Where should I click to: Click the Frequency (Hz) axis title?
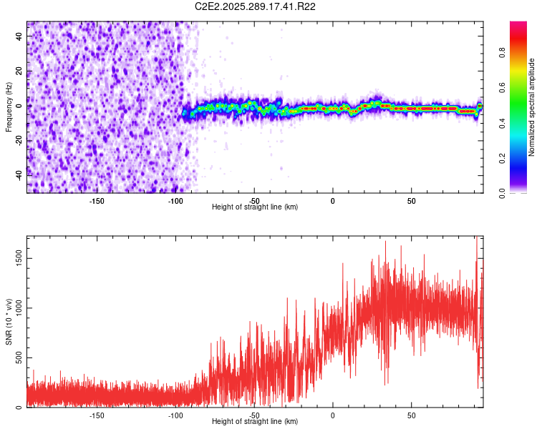[x=9, y=107]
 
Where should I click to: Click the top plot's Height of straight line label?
[x=255, y=207]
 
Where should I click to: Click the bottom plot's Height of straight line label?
[x=255, y=421]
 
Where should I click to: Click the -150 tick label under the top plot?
[x=97, y=199]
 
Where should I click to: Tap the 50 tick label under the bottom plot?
[x=411, y=414]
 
